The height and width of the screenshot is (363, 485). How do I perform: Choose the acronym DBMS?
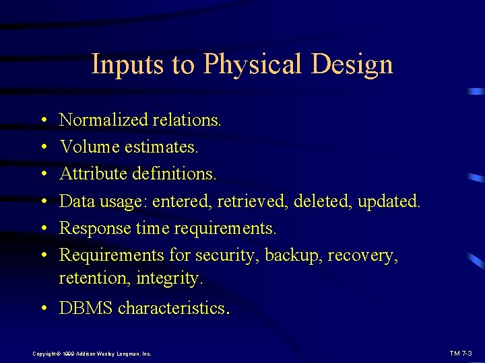pyautogui.click(x=86, y=308)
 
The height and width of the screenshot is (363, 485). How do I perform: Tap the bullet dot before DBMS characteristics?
pyautogui.click(x=42, y=309)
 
